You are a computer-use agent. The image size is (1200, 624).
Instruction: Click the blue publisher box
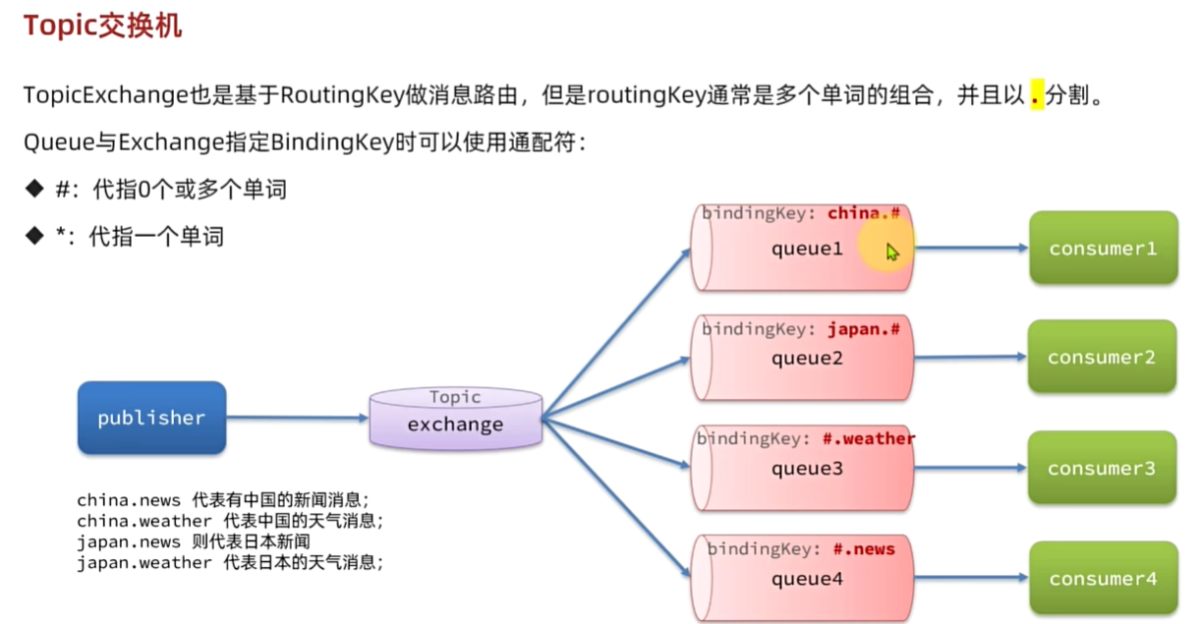coord(151,418)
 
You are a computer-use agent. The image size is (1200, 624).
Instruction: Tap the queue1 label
coord(806,249)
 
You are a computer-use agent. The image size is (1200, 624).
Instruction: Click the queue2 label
coord(806,359)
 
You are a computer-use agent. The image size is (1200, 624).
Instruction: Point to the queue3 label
coord(806,469)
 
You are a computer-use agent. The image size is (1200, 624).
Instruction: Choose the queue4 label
coord(806,579)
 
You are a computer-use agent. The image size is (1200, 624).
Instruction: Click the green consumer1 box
coord(1103,249)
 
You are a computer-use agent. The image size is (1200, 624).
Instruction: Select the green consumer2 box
coord(1102,358)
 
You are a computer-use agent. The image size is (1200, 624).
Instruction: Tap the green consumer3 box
coord(1102,469)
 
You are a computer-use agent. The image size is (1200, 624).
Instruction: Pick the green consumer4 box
coord(1103,579)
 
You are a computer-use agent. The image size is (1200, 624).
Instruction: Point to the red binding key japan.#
coord(864,329)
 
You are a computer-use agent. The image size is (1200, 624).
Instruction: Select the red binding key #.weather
coord(874,438)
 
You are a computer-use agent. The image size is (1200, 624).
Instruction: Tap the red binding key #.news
coord(864,548)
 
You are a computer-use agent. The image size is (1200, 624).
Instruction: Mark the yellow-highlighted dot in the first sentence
coord(1036,96)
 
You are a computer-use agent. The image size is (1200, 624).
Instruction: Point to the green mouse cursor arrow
coord(891,252)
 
